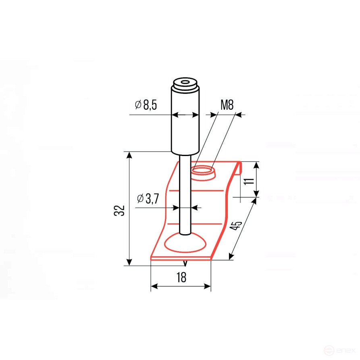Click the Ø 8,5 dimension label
(146, 106)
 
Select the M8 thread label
(227, 106)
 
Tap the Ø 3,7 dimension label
(148, 198)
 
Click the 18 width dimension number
(181, 278)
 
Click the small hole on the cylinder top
(185, 82)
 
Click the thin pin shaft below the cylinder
(185, 194)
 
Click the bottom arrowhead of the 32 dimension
(129, 262)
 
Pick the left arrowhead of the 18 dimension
(154, 287)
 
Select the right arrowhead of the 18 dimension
(208, 287)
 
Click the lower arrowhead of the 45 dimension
(231, 257)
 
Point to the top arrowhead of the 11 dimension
(256, 164)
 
